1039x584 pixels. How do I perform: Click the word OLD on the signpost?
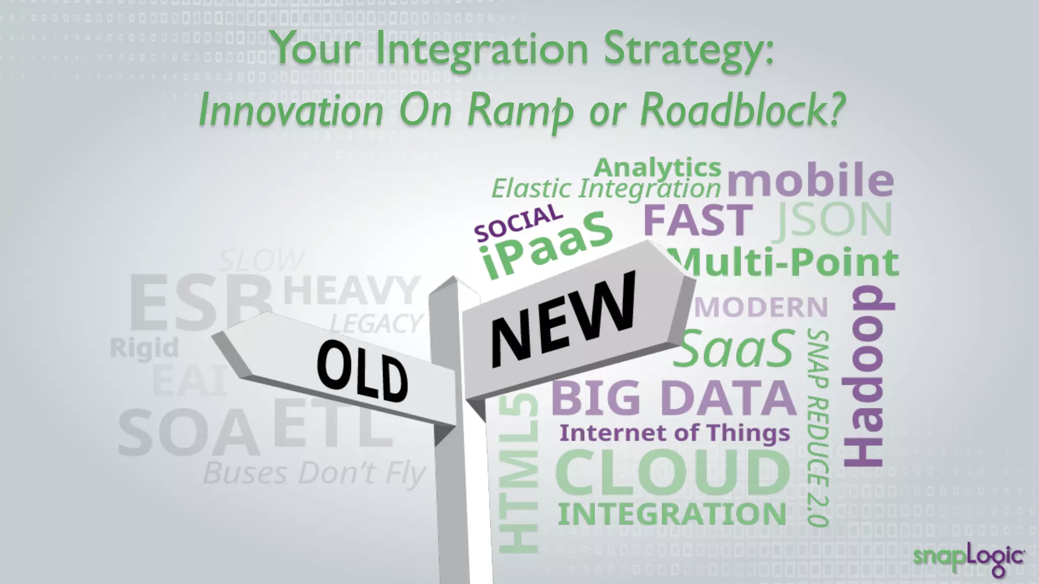pyautogui.click(x=362, y=371)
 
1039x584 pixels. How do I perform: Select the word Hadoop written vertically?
pyautogui.click(x=868, y=376)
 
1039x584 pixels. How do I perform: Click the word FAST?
pyautogui.click(x=698, y=220)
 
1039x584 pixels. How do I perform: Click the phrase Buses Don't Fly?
pyautogui.click(x=314, y=473)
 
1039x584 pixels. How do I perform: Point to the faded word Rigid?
pyautogui.click(x=145, y=348)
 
